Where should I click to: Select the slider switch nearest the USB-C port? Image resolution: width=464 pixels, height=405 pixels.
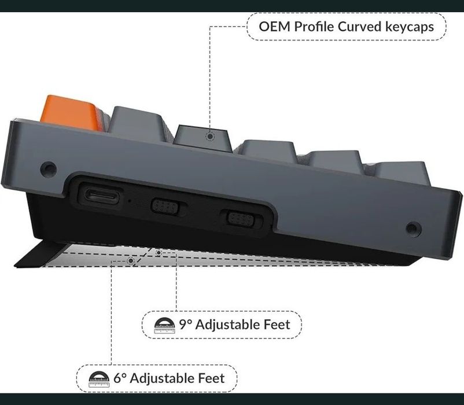165,206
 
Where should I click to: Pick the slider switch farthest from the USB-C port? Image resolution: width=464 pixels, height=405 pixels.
241,219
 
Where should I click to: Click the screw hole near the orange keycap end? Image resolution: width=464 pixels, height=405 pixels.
49,169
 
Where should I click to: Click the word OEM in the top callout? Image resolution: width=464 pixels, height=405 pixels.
274,27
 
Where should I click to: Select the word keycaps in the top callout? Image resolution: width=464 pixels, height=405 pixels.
410,27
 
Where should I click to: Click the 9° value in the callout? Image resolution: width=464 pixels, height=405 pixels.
186,325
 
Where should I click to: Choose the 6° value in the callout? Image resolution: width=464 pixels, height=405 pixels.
120,378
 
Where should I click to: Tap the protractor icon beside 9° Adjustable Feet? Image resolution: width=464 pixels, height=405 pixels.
164,325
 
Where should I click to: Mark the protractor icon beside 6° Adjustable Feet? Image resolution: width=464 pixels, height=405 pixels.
99,380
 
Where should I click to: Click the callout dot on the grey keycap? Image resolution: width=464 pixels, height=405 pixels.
210,137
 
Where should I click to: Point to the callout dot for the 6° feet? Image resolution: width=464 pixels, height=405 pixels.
131,261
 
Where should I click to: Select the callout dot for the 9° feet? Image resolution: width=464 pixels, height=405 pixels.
159,253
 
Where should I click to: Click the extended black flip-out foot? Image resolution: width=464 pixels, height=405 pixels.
42,255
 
